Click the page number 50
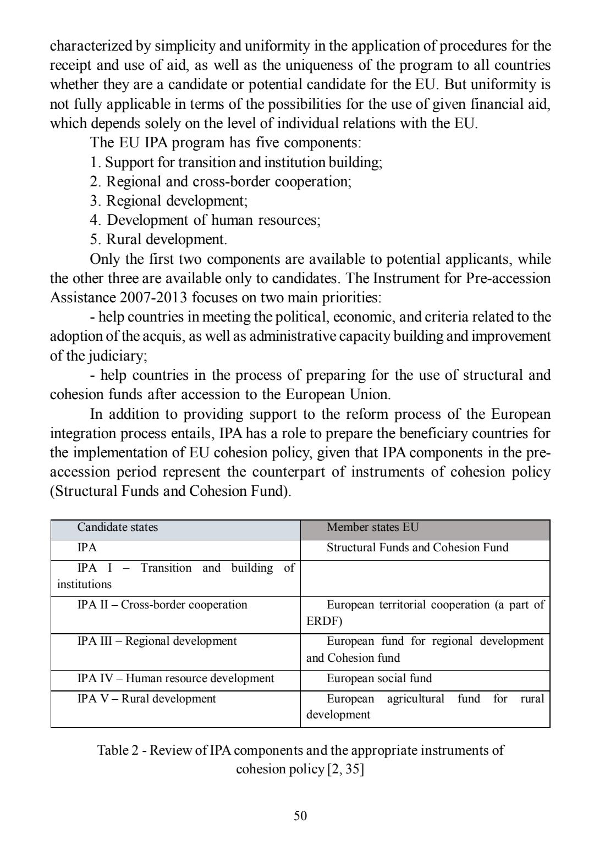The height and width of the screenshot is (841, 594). [300, 815]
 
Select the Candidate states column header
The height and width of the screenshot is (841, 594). [117, 528]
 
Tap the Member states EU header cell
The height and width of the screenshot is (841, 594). [372, 528]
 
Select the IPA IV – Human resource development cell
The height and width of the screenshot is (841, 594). [175, 678]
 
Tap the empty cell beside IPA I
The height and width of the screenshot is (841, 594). [425, 578]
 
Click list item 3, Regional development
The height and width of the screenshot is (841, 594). [169, 201]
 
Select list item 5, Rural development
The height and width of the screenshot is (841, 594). [158, 240]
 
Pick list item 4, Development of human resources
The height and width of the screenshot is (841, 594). [205, 220]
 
